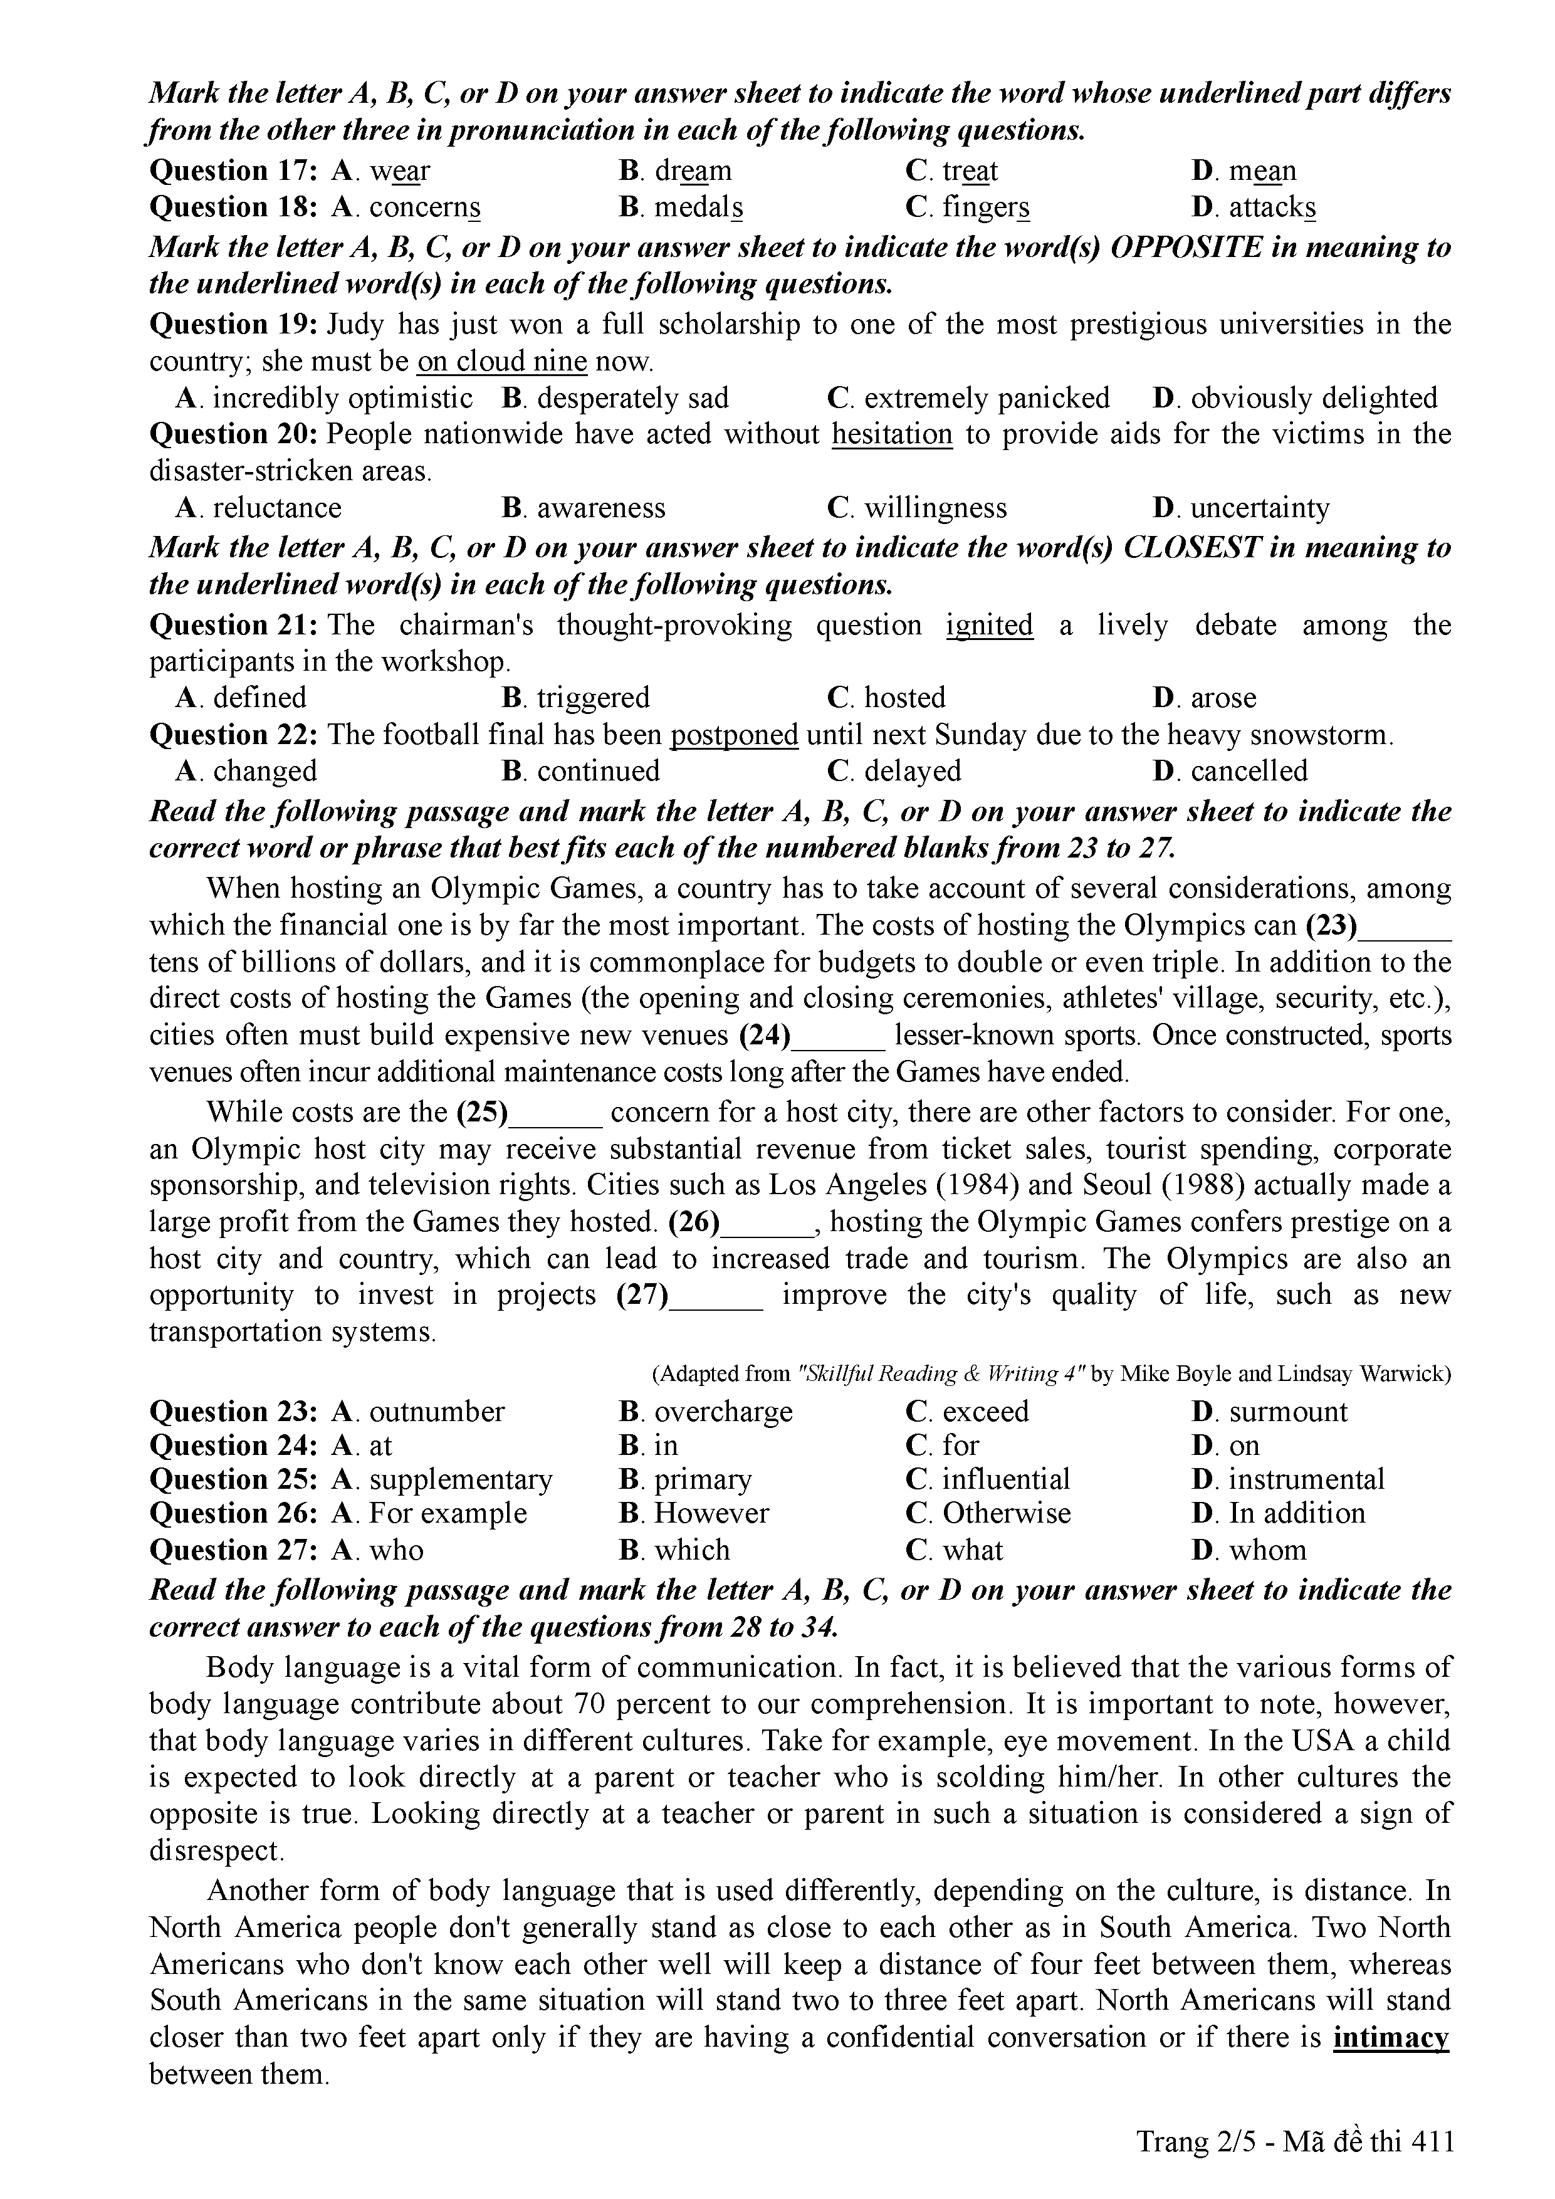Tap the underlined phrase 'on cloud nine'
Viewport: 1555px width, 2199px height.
tap(502, 362)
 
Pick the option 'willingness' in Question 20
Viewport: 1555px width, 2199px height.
tap(935, 508)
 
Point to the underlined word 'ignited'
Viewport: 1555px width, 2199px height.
tap(989, 626)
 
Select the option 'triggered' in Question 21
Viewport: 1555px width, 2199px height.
tap(593, 697)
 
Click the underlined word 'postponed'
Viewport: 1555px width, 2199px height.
tap(735, 735)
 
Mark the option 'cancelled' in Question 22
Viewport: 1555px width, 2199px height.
tap(1249, 771)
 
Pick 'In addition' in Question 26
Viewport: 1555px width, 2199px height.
tap(1297, 1513)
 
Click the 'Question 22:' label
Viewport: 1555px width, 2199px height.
tap(234, 735)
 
